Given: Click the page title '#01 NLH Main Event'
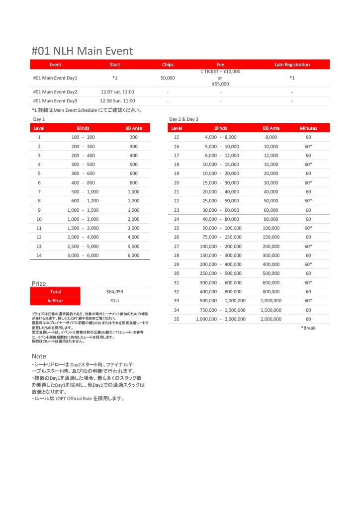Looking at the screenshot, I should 82,51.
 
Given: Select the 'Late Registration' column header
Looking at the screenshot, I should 292,65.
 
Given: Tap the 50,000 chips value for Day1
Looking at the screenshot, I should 168,78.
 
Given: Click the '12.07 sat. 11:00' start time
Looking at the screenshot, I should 117,92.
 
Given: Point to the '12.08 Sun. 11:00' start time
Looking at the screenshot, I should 117,101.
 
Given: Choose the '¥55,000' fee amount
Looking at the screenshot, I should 220,84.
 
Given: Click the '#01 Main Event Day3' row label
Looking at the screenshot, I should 55,101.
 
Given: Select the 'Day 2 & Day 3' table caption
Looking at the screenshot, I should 183,119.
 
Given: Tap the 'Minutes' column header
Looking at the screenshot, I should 308,128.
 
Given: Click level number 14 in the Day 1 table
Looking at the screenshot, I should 39,255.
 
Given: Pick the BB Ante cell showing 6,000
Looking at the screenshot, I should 133,255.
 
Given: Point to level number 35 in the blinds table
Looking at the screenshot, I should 177,319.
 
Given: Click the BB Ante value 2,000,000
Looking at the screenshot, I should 270,319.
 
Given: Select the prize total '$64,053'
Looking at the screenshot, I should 114,292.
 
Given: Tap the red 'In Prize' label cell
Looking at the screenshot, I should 55,301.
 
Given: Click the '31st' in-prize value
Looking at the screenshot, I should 114,301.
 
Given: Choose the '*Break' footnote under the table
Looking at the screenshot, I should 308,328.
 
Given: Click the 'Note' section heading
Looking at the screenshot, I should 39,356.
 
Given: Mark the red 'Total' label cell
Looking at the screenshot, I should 55,292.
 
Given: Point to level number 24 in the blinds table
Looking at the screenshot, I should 177,219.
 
